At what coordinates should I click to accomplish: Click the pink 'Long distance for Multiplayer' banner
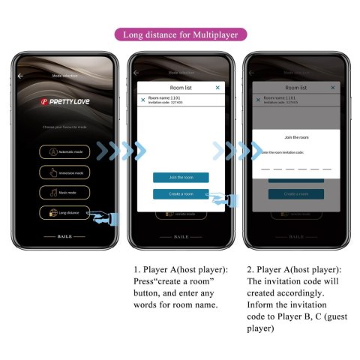coord(179,34)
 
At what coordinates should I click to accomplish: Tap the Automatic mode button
coord(65,151)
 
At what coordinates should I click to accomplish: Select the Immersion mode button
coord(65,172)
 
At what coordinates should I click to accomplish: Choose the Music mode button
coord(65,192)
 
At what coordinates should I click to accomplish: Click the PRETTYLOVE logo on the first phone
coord(65,99)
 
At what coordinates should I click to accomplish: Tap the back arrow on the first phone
coord(21,76)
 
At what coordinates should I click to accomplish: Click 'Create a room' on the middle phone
coord(181,193)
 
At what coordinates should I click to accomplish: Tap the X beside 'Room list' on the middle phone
coord(217,88)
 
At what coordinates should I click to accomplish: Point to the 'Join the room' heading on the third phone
coord(296,137)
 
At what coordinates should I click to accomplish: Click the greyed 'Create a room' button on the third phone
coord(296,193)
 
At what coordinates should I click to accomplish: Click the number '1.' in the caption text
coord(137,269)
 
